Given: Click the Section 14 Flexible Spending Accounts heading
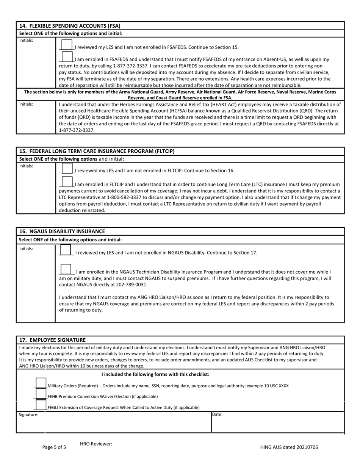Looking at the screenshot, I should [69, 26].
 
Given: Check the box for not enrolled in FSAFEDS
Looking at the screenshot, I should [67, 44].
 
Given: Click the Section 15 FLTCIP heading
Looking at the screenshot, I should [97, 151].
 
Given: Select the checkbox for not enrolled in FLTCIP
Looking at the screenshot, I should [67, 168].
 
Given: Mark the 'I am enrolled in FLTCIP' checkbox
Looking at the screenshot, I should [67, 182].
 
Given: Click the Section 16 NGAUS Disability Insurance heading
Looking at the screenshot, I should [62, 231].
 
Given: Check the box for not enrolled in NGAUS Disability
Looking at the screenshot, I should [66, 250].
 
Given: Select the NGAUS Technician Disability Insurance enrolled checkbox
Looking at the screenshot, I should [66, 269].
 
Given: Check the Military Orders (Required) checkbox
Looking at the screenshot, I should [41, 383].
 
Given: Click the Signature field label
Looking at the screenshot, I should [29, 415].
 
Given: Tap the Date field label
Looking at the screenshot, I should [217, 415].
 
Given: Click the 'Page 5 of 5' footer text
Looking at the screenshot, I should [54, 447].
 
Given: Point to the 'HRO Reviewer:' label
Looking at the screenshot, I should [96, 444].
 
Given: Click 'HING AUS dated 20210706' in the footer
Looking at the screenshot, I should [289, 447].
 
